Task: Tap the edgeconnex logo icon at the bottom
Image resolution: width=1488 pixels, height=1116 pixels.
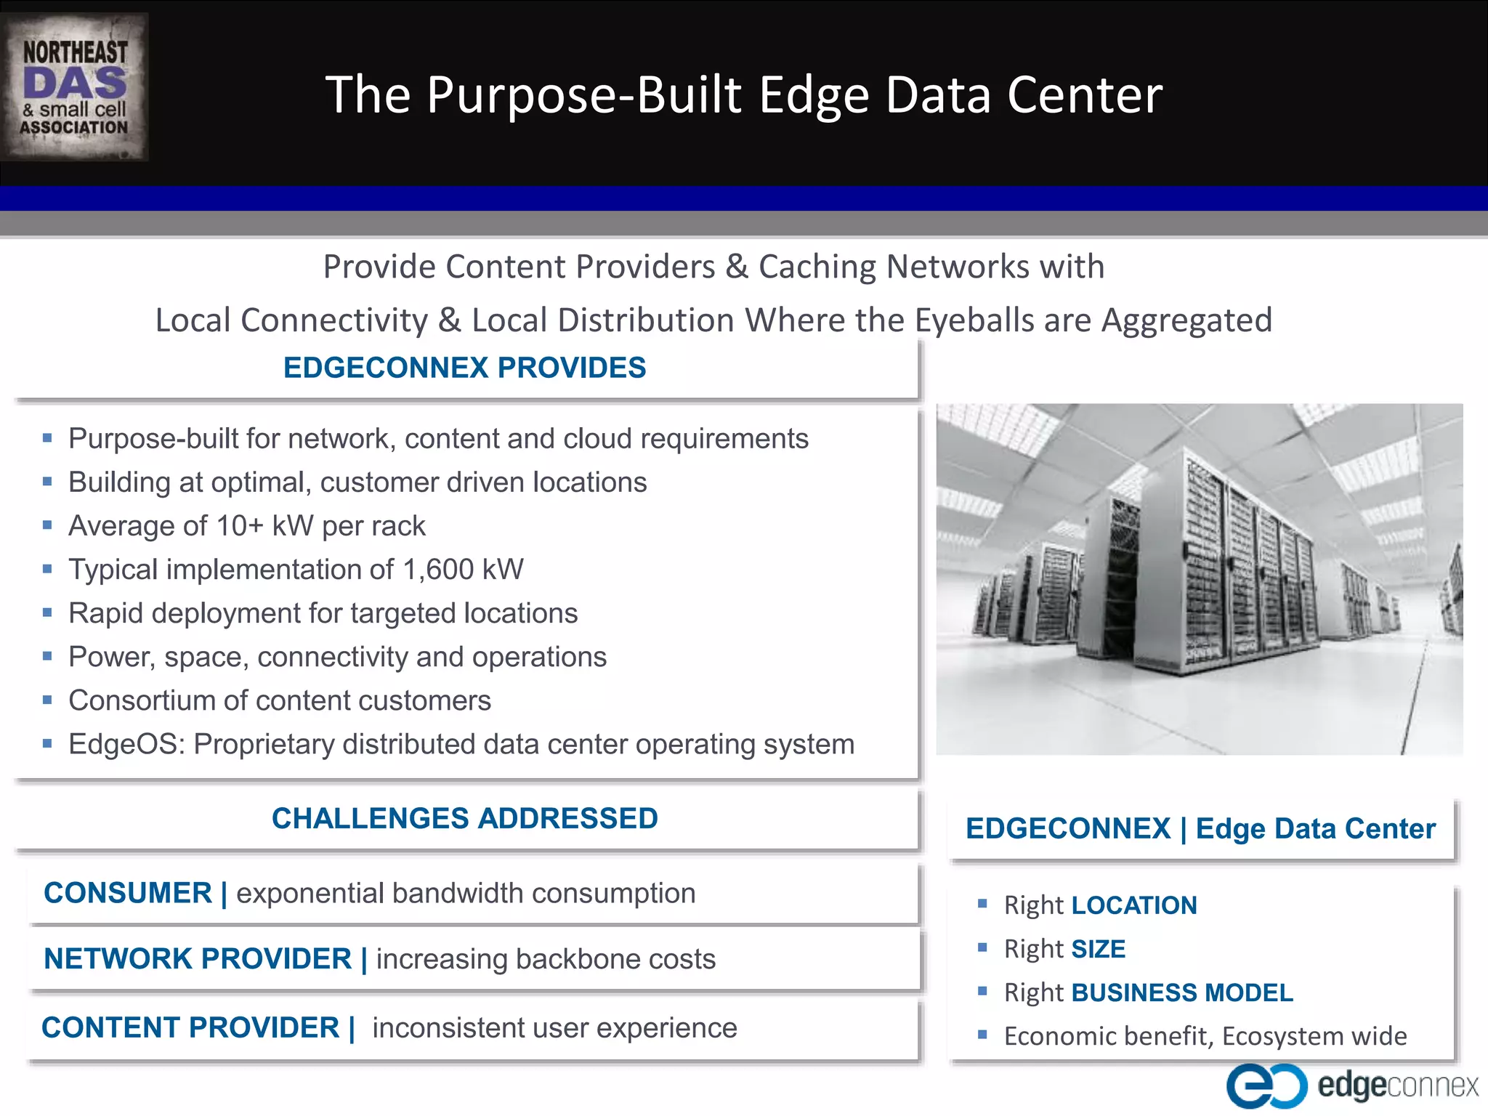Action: click(1266, 1085)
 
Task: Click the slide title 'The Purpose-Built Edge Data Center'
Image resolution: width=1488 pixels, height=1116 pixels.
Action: click(743, 94)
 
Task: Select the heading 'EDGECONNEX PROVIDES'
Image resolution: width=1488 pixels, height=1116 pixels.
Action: click(464, 368)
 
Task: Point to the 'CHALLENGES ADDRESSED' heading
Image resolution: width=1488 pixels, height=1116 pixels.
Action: click(464, 819)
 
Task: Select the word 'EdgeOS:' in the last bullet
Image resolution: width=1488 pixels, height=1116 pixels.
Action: click(127, 745)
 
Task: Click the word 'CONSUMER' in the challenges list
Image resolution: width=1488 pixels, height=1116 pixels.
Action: click(128, 894)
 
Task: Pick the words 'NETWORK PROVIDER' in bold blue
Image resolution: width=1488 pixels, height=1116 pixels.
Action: click(198, 959)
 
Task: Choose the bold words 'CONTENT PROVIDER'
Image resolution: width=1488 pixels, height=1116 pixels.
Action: click(190, 1028)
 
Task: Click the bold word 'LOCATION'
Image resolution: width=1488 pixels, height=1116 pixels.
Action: click(1134, 906)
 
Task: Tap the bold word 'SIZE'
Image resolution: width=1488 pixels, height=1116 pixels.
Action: click(1099, 950)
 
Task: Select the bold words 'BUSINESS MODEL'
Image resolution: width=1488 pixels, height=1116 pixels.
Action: click(1182, 993)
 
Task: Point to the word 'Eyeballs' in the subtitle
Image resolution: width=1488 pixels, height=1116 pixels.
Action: click(974, 320)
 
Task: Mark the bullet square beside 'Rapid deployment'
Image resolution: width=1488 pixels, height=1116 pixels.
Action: click(47, 613)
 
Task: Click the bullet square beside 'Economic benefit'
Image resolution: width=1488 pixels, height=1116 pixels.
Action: click(982, 1035)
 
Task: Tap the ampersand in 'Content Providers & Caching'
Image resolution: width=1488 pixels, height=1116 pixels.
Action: click(737, 267)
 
